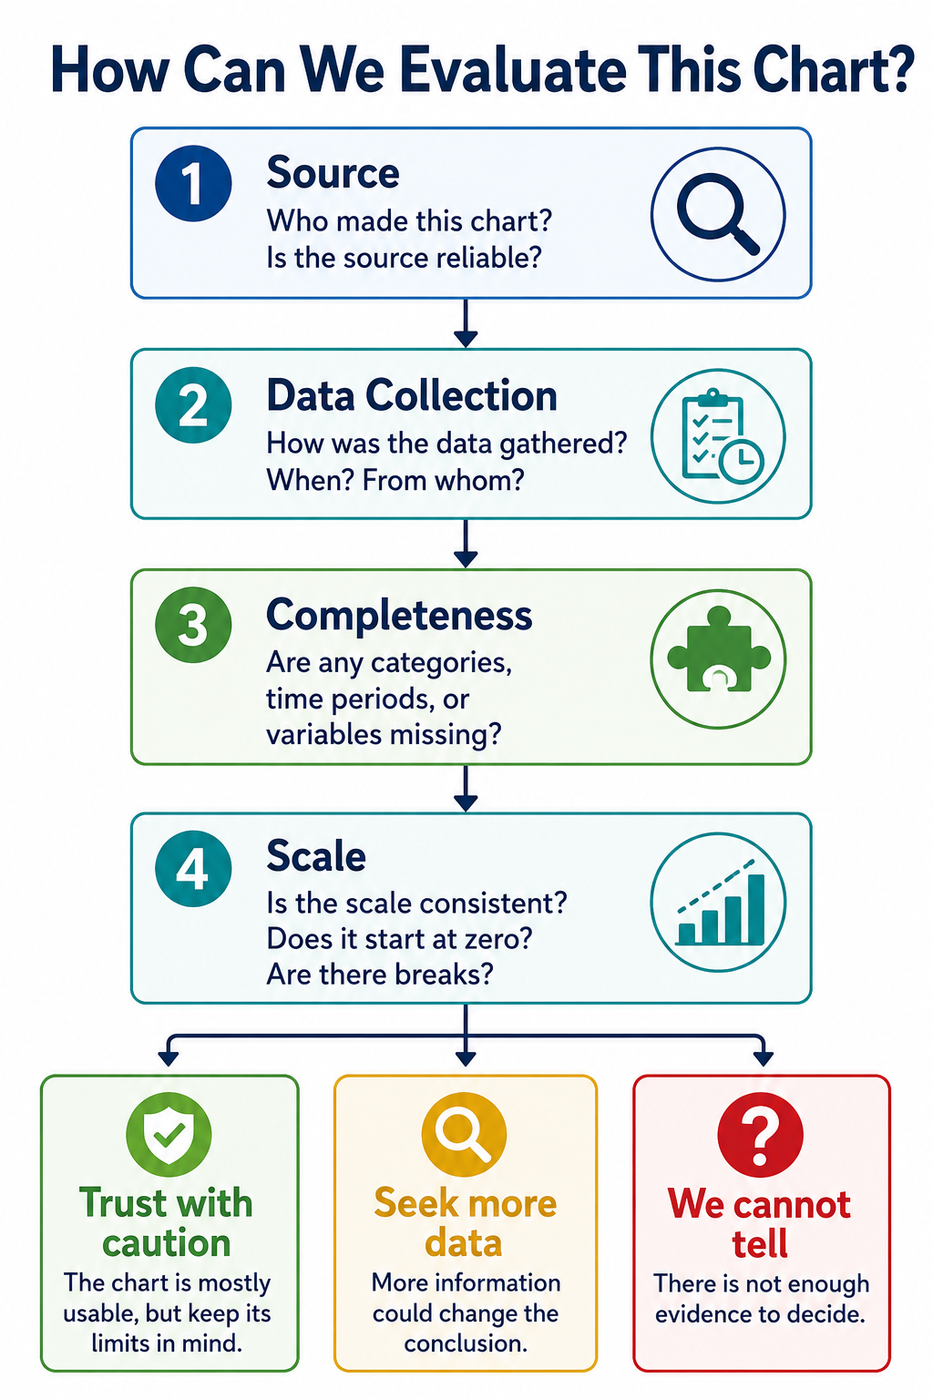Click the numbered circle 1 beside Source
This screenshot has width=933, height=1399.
coord(193,183)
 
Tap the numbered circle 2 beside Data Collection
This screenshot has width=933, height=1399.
coord(193,404)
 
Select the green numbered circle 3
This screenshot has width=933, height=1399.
coord(193,625)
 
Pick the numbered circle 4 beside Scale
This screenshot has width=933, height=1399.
coord(193,869)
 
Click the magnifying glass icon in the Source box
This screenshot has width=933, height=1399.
coord(718,214)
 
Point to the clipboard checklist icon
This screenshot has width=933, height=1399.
coord(718,436)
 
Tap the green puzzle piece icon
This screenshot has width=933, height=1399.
coord(718,659)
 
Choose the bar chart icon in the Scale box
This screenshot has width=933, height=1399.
coord(718,902)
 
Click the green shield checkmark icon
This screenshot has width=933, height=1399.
coord(169,1135)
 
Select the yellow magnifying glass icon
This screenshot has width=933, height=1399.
coord(464,1135)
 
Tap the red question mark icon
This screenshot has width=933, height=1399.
coord(760,1135)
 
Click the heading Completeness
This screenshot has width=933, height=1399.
coord(399,617)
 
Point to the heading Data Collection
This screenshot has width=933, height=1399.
coord(412,395)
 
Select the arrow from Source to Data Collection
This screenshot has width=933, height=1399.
coord(466,323)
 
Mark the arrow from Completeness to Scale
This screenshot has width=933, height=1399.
coord(466,788)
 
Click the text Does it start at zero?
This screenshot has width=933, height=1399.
coord(399,939)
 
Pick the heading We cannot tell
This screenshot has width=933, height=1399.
coord(760,1223)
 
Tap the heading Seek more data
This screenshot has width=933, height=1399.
coord(465,1223)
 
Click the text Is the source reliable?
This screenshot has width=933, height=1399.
coord(404,258)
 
